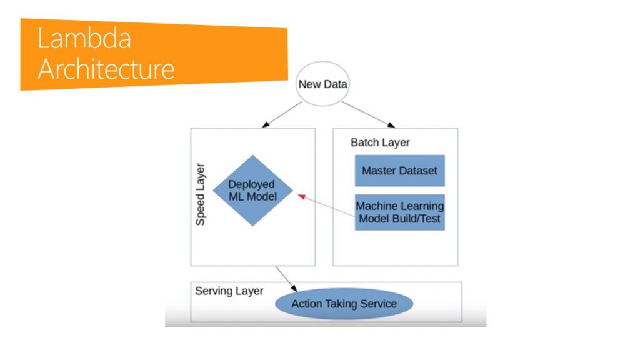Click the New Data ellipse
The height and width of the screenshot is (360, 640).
[322, 84]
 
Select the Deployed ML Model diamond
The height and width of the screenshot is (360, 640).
[252, 191]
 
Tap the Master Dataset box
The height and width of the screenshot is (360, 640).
[399, 170]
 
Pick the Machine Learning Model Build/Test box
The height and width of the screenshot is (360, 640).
[399, 212]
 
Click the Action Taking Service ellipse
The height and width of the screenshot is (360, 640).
[344, 304]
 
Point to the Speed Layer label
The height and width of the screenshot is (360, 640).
[201, 195]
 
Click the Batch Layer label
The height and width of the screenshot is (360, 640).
[380, 142]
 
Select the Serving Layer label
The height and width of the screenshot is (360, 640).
[229, 291]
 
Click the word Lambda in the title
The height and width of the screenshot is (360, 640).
[84, 39]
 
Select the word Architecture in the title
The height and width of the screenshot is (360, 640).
[106, 69]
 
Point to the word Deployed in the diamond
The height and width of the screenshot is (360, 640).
[252, 184]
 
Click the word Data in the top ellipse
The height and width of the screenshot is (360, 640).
[336, 84]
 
